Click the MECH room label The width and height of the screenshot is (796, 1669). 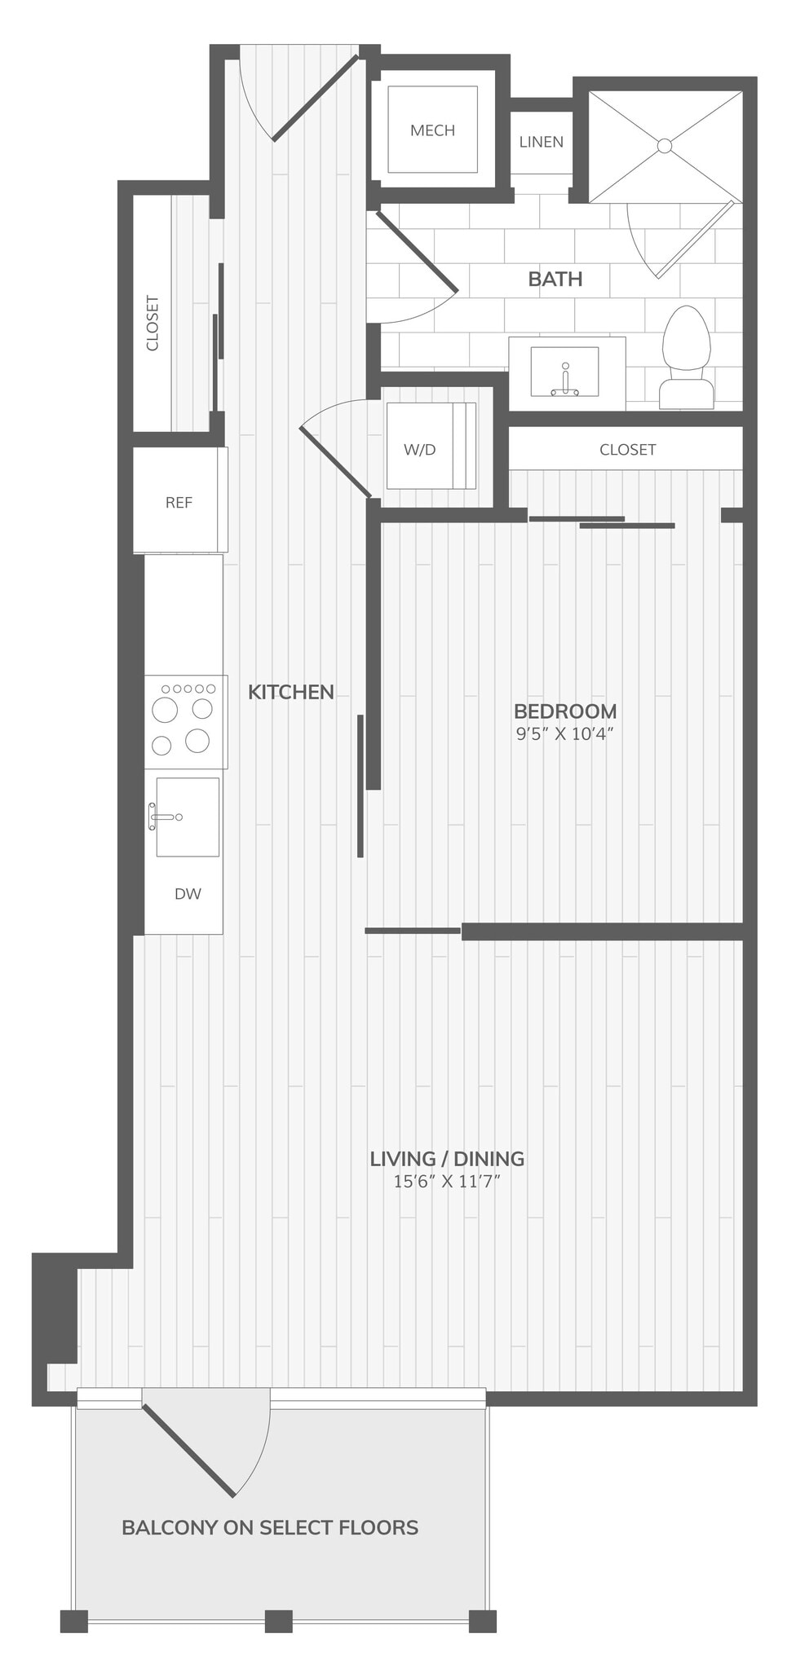click(x=432, y=130)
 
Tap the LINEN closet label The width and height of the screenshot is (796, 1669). click(x=541, y=142)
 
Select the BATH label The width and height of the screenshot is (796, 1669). click(x=555, y=279)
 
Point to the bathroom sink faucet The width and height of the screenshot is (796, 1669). click(x=564, y=381)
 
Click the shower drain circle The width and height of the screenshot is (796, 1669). click(x=665, y=146)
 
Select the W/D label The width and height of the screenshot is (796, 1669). click(x=420, y=450)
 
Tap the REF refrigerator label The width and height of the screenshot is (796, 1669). click(x=179, y=503)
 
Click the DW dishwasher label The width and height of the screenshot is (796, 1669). click(x=188, y=894)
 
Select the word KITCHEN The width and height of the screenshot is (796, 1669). click(x=291, y=692)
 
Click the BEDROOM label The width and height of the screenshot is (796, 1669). click(x=564, y=711)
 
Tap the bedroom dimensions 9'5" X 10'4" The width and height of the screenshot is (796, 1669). click(x=564, y=733)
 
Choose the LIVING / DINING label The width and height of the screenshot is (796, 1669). click(x=447, y=1158)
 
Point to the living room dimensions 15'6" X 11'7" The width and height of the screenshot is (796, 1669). click(x=447, y=1182)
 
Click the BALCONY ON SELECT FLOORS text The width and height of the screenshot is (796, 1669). click(x=270, y=1527)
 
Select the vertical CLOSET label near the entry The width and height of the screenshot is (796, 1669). click(x=153, y=324)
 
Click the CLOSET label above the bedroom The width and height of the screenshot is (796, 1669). click(x=627, y=450)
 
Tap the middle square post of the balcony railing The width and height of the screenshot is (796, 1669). click(x=279, y=1621)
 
